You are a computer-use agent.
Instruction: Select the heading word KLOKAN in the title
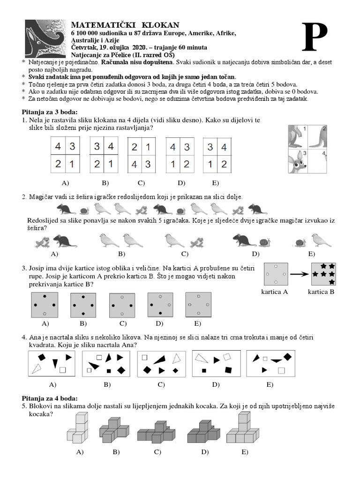pyautogui.click(x=159, y=24)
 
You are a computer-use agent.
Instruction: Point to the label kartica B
pyautogui.click(x=321, y=291)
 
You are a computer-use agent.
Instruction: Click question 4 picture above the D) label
pyautogui.click(x=216, y=364)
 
